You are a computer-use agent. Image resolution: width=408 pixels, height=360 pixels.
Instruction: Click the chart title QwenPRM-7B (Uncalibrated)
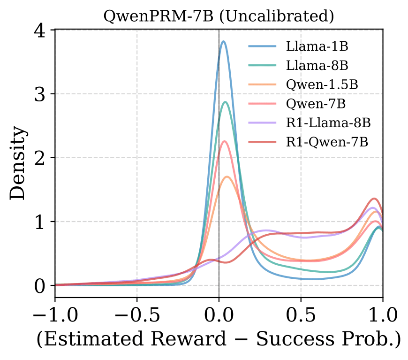219,16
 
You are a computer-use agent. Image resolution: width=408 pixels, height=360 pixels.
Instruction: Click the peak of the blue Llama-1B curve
223,41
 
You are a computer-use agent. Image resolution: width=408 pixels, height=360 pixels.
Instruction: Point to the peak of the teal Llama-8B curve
226,102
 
